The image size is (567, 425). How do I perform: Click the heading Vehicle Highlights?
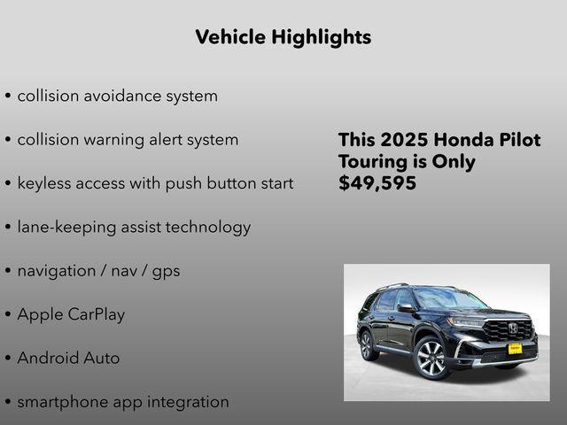pyautogui.click(x=283, y=37)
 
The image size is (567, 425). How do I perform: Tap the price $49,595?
pyautogui.click(x=377, y=183)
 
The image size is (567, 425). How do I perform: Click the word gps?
pyautogui.click(x=166, y=271)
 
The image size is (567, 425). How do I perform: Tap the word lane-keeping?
pyautogui.click(x=64, y=228)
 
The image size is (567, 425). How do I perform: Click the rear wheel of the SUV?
pyautogui.click(x=366, y=344)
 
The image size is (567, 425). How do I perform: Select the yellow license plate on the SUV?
pyautogui.click(x=515, y=348)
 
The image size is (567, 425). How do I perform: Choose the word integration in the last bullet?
pyautogui.click(x=186, y=402)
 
